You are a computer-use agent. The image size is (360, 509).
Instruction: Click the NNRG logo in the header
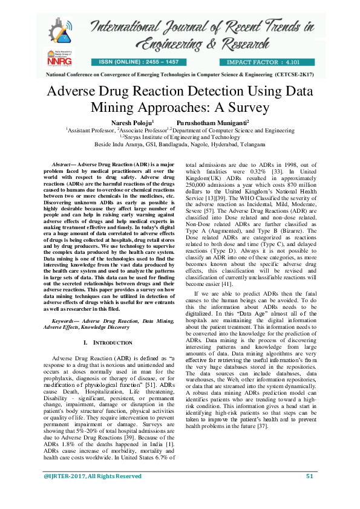[x=56, y=58]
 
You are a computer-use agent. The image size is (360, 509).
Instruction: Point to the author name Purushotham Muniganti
[x=200, y=122]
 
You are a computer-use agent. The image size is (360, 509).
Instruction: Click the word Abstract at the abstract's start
[x=59, y=164]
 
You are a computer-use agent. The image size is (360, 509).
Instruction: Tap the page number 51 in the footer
[x=310, y=493]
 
